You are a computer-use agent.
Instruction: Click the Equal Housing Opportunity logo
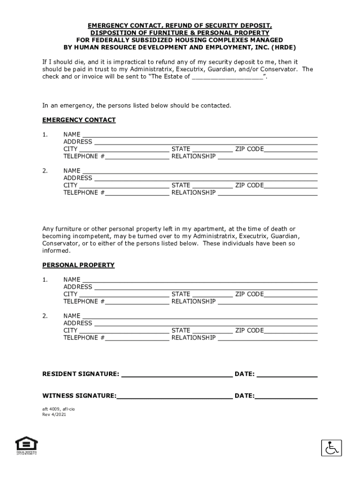26,445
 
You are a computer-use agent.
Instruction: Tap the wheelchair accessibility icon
331,448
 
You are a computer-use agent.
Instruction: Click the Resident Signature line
176,374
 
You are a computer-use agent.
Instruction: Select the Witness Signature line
174,396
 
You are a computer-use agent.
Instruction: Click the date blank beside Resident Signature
287,374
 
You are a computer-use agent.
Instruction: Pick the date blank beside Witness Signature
286,396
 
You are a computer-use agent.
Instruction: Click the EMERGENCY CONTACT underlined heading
79,120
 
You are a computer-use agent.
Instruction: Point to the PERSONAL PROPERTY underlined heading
79,265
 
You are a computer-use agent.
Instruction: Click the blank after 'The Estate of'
228,77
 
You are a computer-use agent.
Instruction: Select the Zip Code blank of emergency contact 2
291,186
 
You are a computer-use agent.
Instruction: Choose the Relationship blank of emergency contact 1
267,157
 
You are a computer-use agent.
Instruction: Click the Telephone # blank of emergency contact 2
137,193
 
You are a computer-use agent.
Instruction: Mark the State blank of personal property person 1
212,295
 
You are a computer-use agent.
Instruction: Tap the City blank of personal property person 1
124,295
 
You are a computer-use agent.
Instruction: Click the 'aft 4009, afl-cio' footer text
58,409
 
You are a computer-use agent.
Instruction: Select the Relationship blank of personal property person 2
267,338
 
